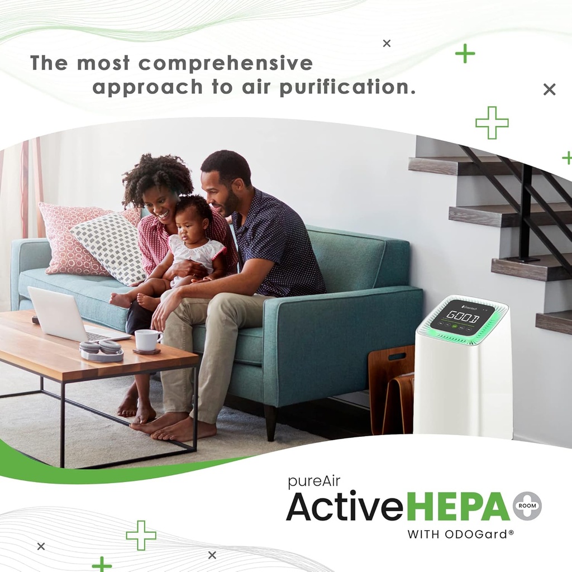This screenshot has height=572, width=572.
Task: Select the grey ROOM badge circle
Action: click(527, 506)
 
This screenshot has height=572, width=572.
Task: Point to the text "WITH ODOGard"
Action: click(460, 534)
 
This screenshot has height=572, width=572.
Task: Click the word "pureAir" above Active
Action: click(314, 482)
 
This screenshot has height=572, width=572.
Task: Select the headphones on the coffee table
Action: click(101, 350)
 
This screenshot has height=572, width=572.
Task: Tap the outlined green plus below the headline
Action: click(492, 122)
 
